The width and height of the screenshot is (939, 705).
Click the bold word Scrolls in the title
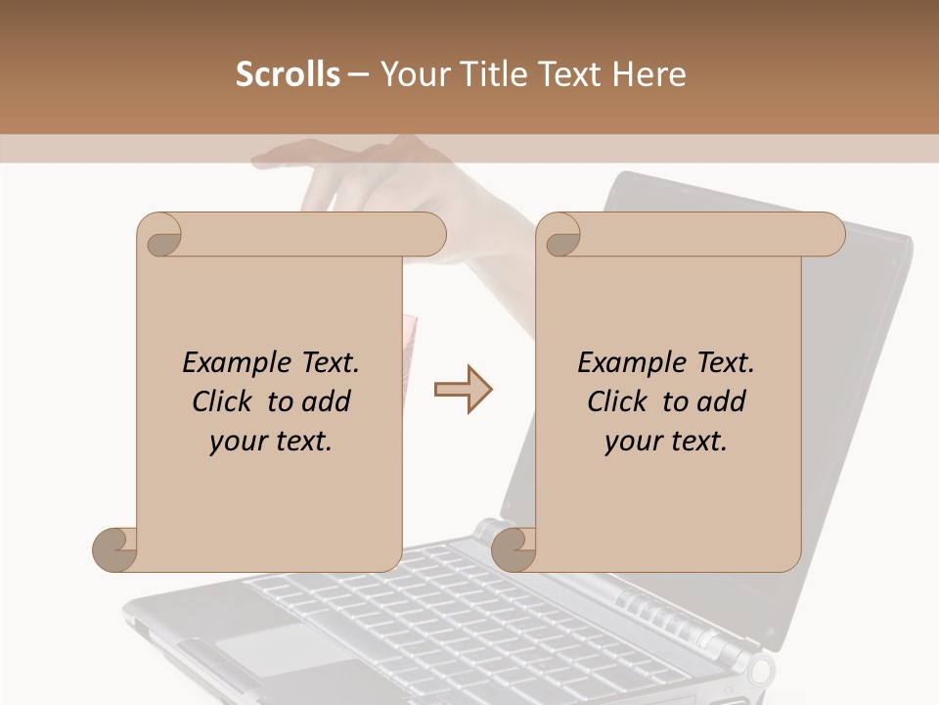coord(288,74)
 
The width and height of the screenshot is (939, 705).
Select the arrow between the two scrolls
coord(464,390)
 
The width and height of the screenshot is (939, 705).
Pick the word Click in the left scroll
coord(225,401)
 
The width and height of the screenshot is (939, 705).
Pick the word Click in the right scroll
coord(620,401)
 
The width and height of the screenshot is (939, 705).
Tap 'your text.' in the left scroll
coord(270,442)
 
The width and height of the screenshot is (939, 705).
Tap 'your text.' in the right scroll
coord(665,442)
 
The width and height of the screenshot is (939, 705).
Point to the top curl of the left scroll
coord(160,235)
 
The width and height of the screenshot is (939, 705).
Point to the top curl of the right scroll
coord(561,235)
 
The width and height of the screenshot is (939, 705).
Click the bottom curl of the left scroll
coord(114,549)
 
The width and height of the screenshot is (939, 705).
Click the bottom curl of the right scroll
coord(513,549)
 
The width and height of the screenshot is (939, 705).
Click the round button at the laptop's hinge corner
coord(760,670)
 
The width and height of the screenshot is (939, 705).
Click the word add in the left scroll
coord(326,401)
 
